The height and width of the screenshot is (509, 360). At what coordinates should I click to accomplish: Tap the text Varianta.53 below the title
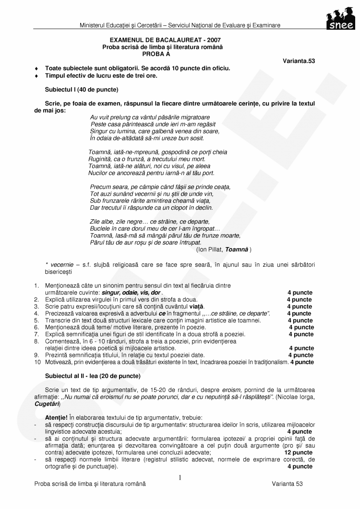[x=299, y=61]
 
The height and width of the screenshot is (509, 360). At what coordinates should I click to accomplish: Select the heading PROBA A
[x=162, y=54]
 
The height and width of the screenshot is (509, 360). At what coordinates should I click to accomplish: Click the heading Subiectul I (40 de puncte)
[x=82, y=90]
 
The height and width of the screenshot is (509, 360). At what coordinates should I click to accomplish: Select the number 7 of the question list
[x=36, y=334]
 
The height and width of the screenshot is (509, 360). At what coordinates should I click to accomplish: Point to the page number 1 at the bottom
[x=180, y=478]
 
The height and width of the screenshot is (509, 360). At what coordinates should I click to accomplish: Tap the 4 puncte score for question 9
[x=301, y=355]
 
